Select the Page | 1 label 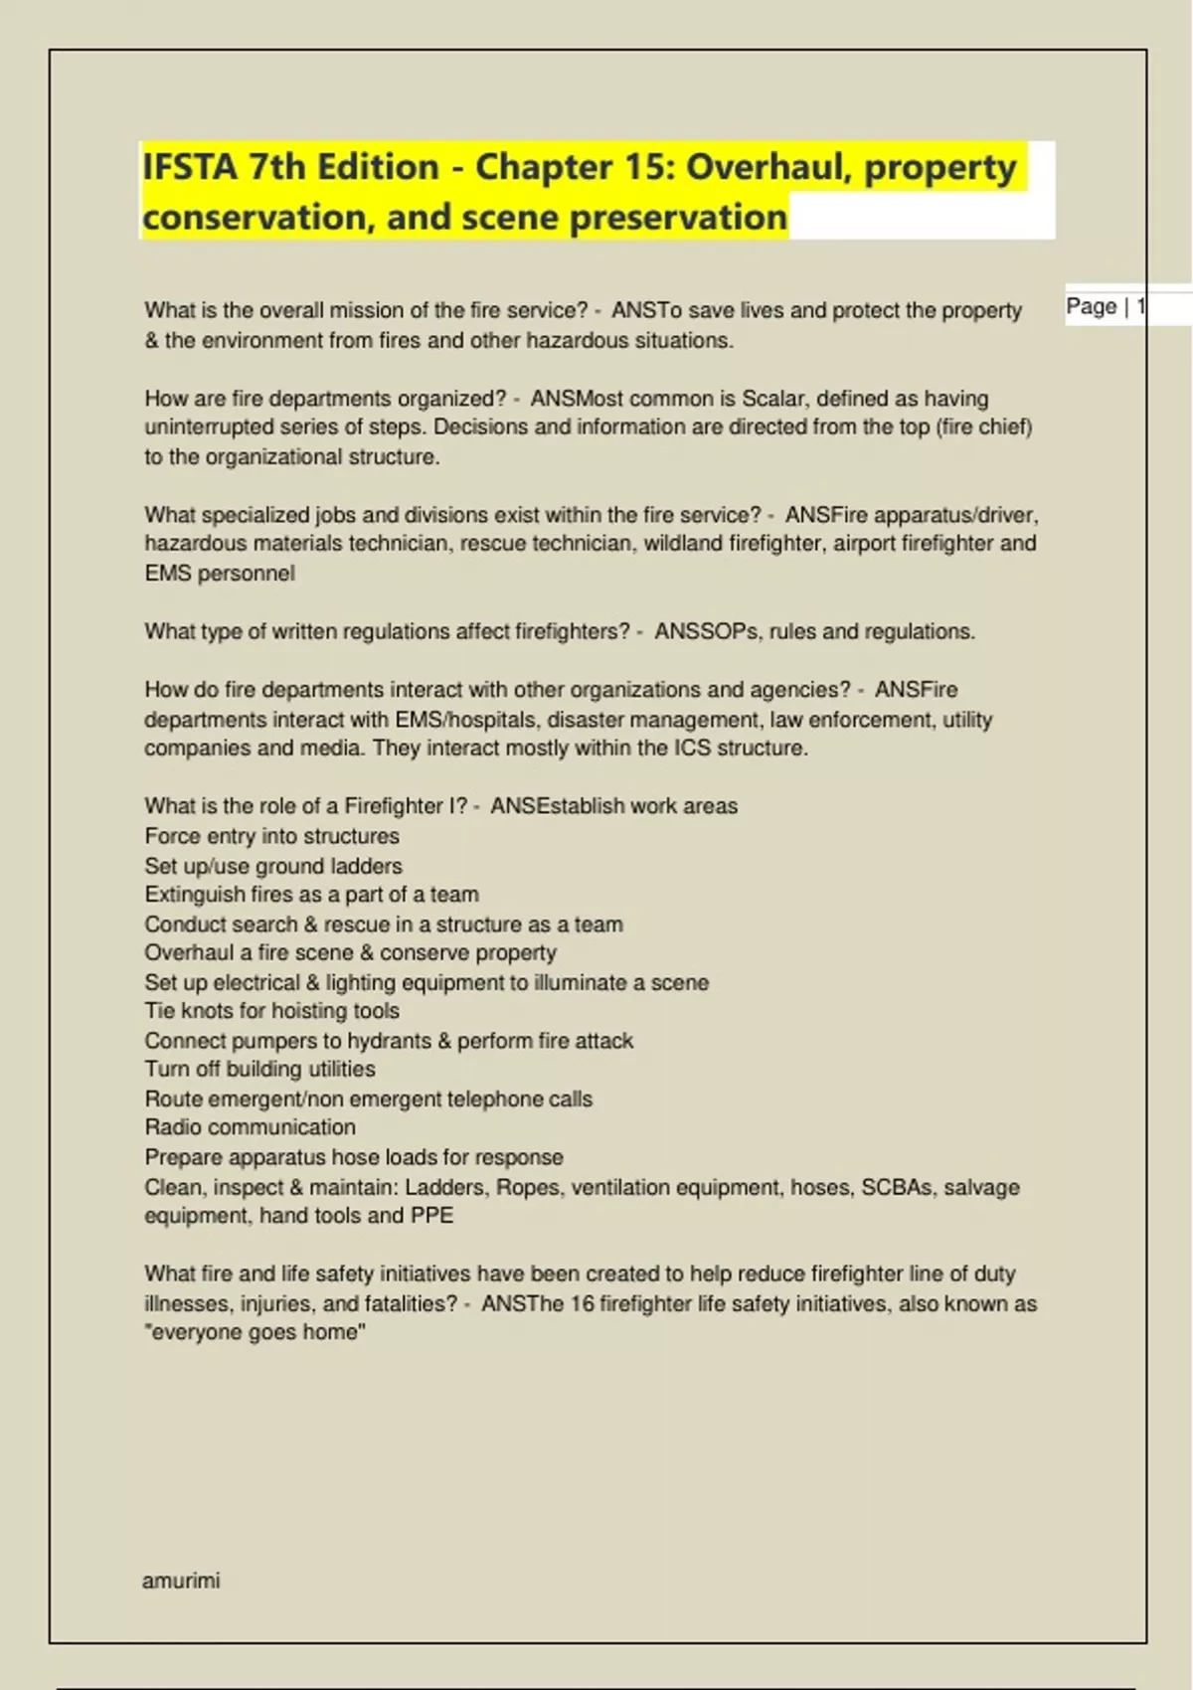1105,306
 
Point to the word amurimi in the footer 181,1581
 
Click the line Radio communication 250,1127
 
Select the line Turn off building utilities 259,1069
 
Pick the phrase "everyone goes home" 256,1332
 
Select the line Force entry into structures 271,836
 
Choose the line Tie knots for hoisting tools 271,1011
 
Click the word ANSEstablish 557,806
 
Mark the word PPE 431,1216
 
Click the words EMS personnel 220,574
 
